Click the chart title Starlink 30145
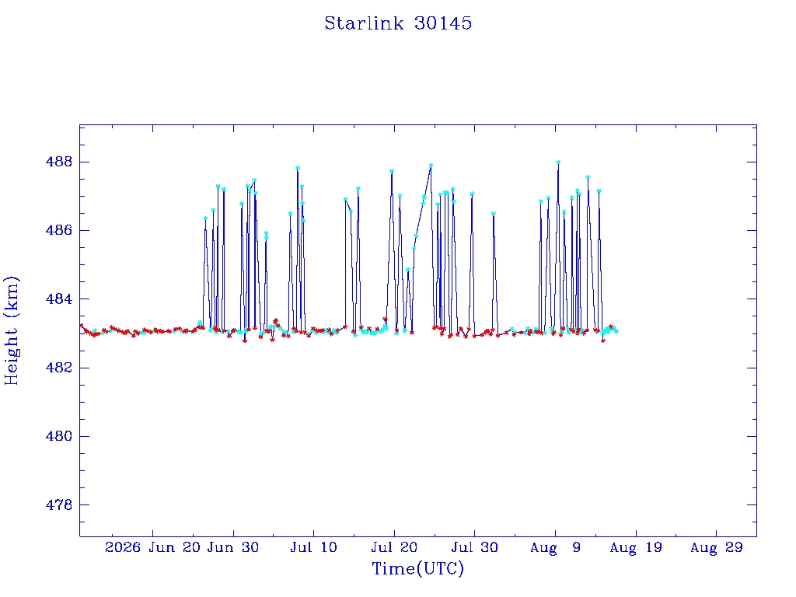click(x=398, y=23)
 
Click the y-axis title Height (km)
click(x=11, y=330)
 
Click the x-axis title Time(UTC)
click(x=417, y=568)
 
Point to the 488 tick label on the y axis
click(x=59, y=162)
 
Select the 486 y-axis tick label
click(x=59, y=230)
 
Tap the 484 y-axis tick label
click(x=59, y=299)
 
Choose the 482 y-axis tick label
click(x=59, y=368)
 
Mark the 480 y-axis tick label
click(x=59, y=436)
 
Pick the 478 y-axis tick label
click(x=59, y=505)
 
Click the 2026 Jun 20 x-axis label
click(x=152, y=547)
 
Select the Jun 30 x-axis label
click(x=233, y=547)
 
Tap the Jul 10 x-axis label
click(x=314, y=547)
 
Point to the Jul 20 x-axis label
click(x=394, y=547)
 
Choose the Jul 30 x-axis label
click(x=475, y=547)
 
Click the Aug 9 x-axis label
click(x=555, y=547)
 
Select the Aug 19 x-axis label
click(x=636, y=547)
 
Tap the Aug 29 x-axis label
click(x=716, y=547)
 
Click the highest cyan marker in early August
click(x=558, y=162)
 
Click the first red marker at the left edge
click(x=81, y=325)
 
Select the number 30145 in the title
click(x=442, y=23)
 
